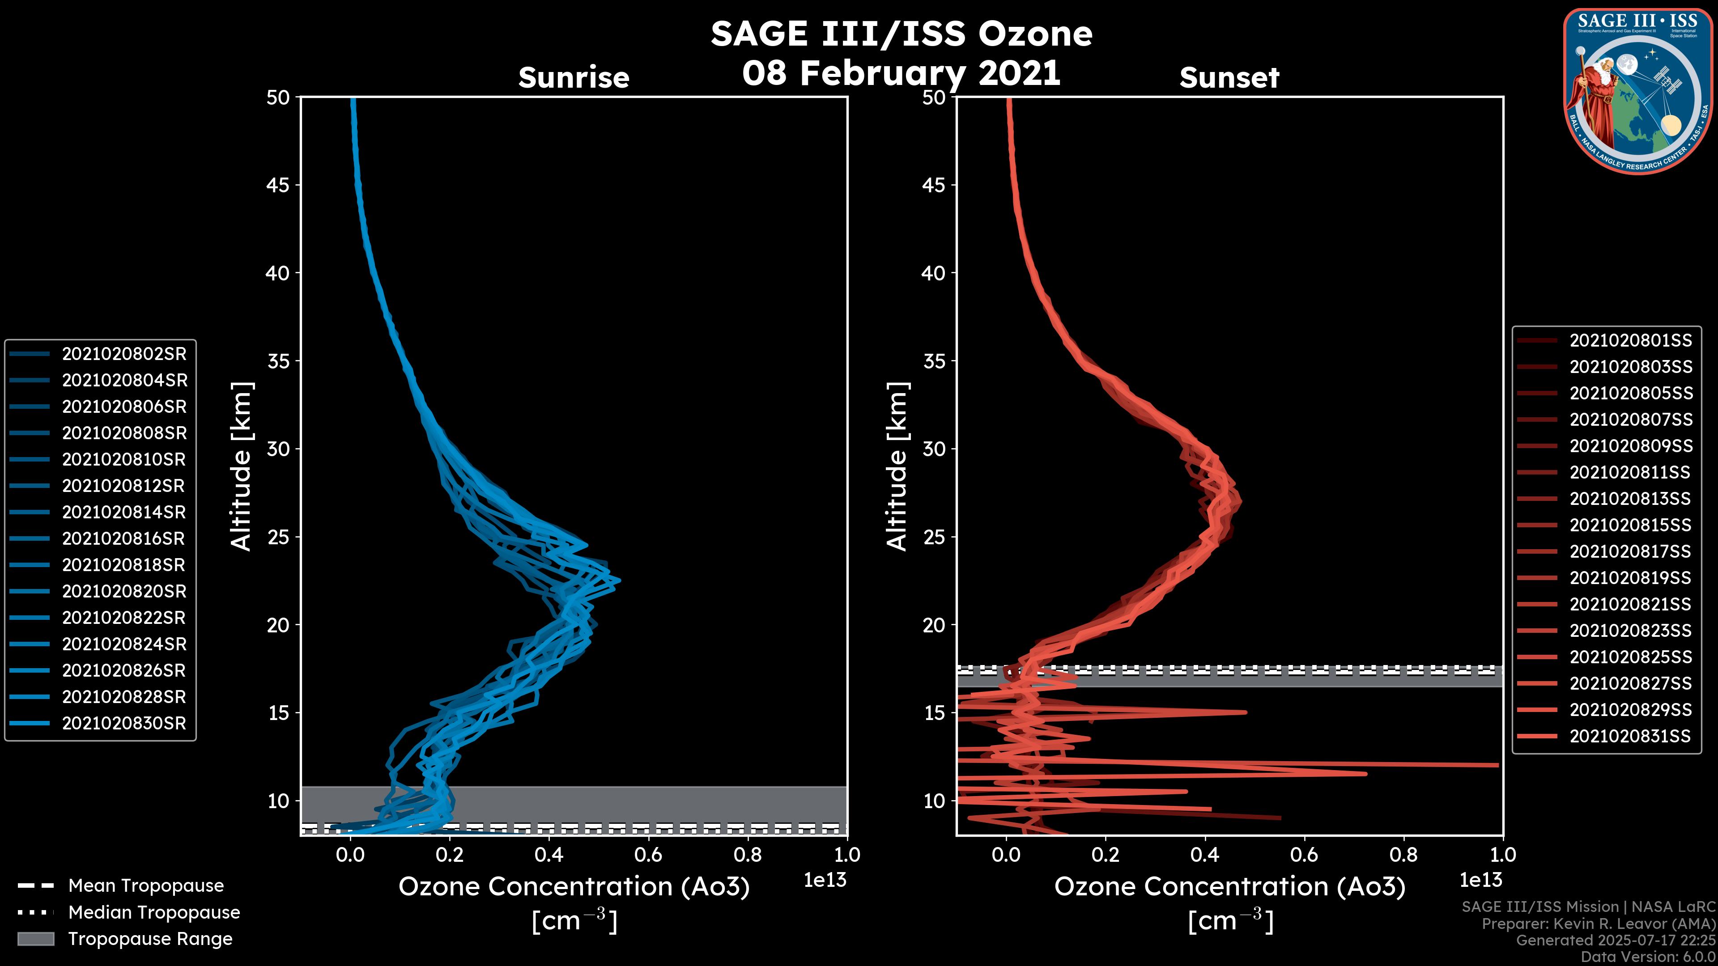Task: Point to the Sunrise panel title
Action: [x=574, y=78]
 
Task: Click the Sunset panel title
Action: [x=1229, y=78]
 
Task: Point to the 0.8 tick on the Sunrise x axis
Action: [x=747, y=855]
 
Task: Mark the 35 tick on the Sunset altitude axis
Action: [x=934, y=360]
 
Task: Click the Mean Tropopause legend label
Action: [x=146, y=886]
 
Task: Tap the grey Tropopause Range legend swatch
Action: [x=35, y=939]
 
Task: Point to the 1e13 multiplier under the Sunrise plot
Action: [x=824, y=880]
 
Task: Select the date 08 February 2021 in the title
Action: [x=901, y=73]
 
